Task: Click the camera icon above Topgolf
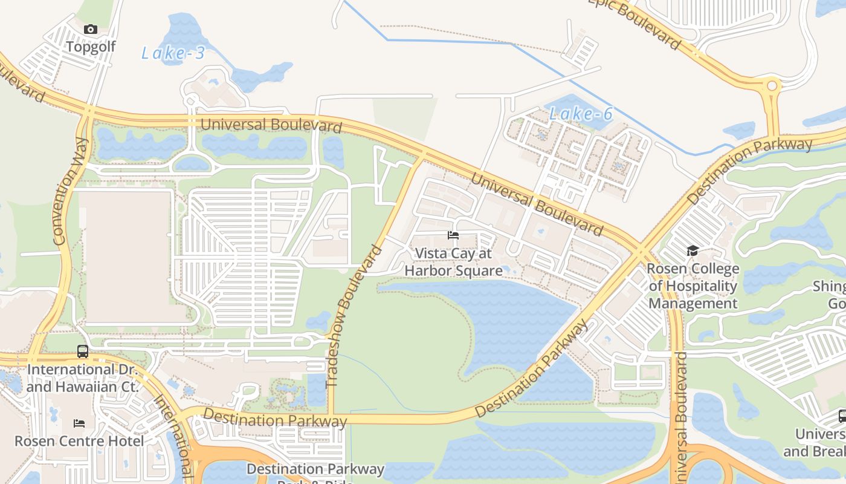tap(91, 29)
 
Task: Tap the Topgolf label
tap(91, 47)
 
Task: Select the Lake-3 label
tap(173, 53)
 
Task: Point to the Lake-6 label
tap(581, 114)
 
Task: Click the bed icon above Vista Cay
tap(453, 235)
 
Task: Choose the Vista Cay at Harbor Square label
tap(453, 262)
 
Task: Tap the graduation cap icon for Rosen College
tap(693, 250)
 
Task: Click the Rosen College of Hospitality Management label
tap(693, 286)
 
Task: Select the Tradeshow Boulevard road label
tap(354, 316)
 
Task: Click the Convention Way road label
tap(71, 191)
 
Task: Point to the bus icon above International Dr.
tap(83, 351)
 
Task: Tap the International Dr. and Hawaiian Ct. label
tap(83, 378)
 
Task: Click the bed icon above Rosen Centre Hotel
tap(79, 423)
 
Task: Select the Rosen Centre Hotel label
tap(79, 440)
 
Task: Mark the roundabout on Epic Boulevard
tap(772, 87)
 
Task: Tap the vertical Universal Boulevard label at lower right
tap(680, 417)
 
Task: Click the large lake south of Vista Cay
tap(514, 321)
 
